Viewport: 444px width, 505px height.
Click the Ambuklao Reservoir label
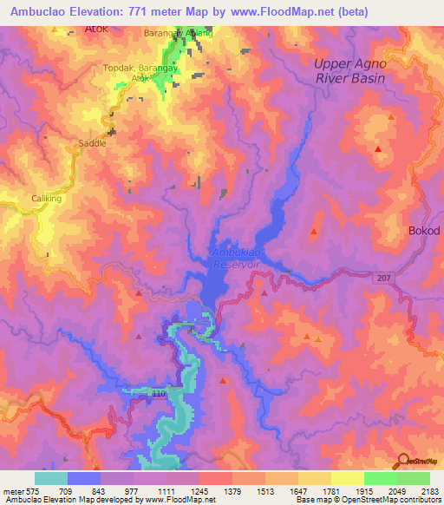(x=238, y=257)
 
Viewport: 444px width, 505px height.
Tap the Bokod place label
(x=424, y=231)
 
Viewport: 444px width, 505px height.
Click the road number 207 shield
(x=384, y=278)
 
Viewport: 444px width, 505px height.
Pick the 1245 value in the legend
(x=200, y=490)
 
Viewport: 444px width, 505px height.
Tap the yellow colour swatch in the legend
(x=347, y=478)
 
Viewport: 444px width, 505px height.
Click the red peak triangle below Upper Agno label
(x=378, y=150)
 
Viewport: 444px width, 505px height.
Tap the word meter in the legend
(x=11, y=490)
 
